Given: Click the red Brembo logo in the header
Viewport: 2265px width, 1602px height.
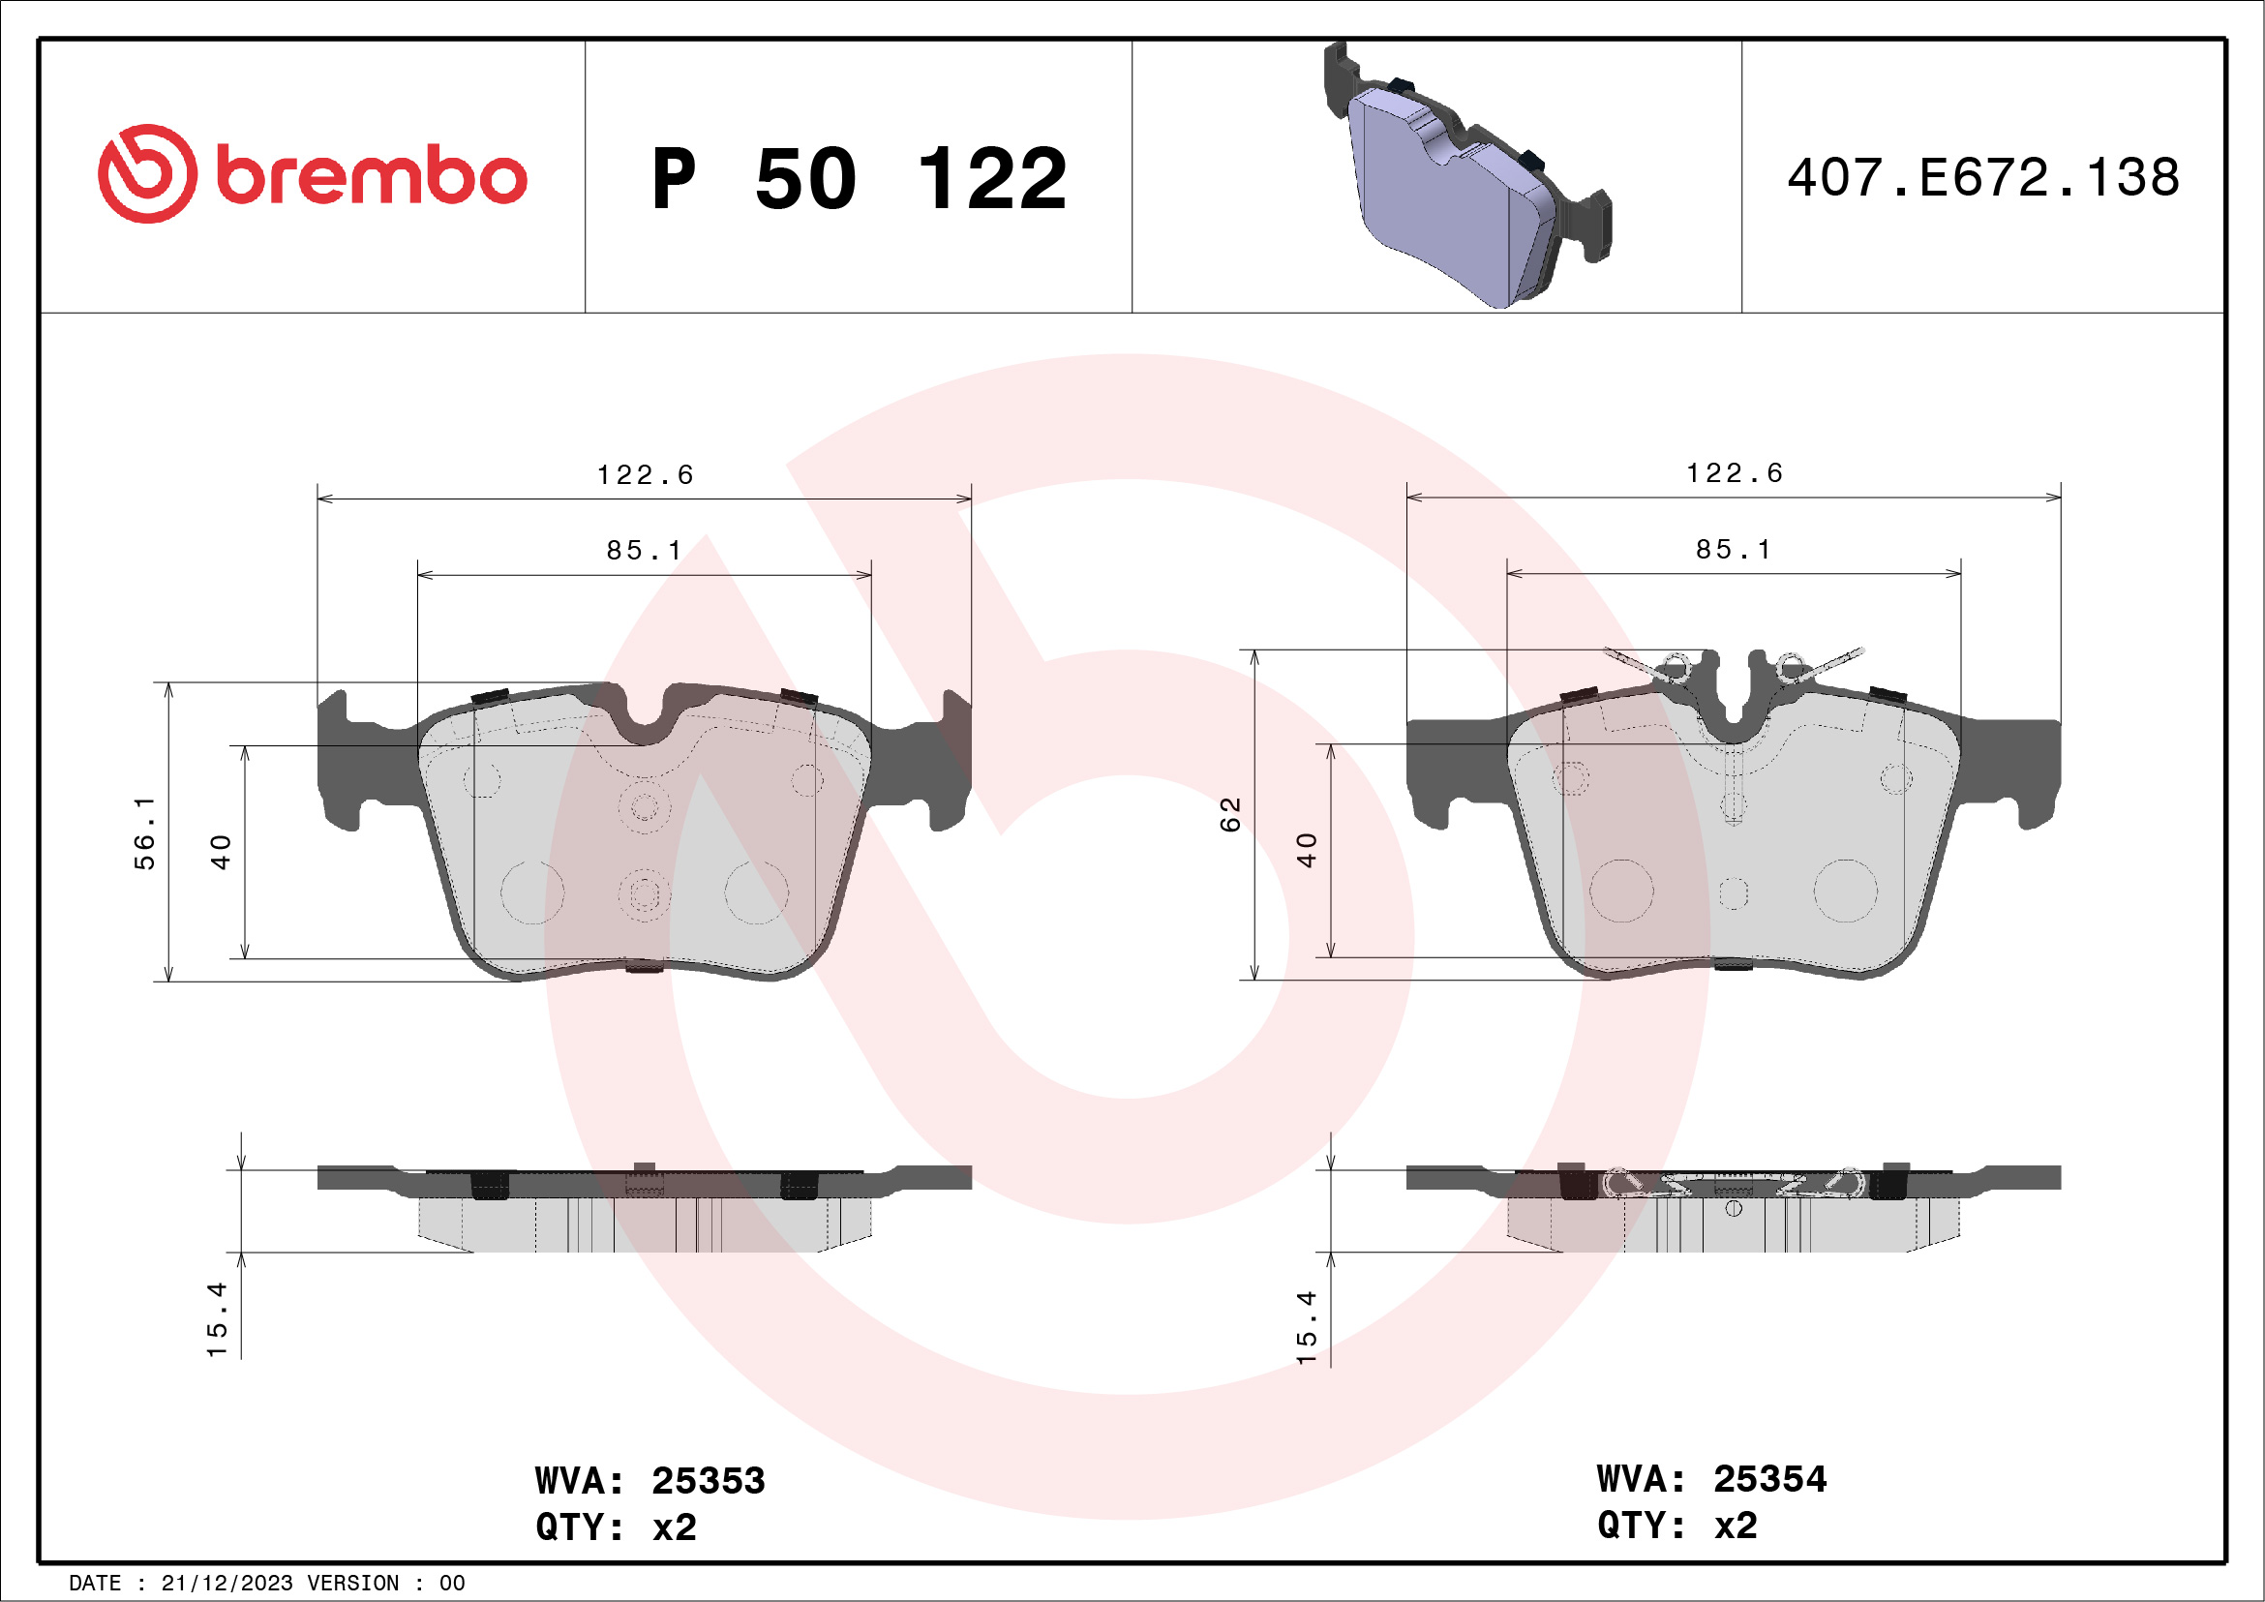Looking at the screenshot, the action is (x=312, y=173).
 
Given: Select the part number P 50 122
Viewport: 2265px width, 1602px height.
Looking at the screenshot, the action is (x=860, y=178).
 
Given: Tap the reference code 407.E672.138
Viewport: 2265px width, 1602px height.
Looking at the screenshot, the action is (x=1983, y=177).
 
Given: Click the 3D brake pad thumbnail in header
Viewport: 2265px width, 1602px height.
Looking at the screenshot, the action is (x=1466, y=175).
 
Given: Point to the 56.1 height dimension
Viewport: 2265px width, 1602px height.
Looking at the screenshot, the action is (x=145, y=832).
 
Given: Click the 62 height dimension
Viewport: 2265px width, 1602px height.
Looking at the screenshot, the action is (x=1229, y=815).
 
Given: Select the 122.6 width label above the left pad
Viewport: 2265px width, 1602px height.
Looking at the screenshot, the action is (x=646, y=475).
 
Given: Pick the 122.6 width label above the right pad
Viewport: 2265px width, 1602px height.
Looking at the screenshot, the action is (x=1735, y=473).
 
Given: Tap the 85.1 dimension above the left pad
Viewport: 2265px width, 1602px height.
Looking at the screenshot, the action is (x=645, y=551).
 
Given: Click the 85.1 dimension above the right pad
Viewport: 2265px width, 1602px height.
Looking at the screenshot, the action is (x=1734, y=550).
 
